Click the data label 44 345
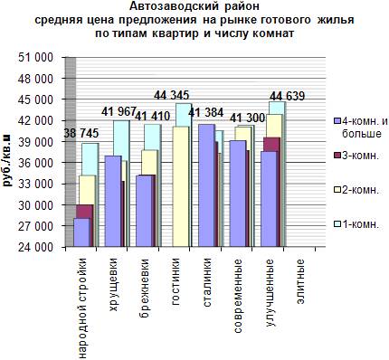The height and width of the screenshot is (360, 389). (x=172, y=95)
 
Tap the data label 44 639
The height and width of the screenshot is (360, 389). (x=287, y=96)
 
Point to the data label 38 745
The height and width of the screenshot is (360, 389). (x=81, y=134)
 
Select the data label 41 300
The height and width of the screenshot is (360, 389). (x=247, y=118)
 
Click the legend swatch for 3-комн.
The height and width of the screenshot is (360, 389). (x=337, y=156)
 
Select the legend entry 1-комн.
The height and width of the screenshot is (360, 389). (x=356, y=224)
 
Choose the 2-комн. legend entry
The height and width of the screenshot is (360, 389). (x=356, y=190)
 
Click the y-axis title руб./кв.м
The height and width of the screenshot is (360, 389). (x=7, y=160)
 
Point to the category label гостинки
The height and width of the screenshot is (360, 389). (x=176, y=282)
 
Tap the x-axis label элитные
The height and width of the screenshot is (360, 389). (x=300, y=281)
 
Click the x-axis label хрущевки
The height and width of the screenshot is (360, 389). (x=113, y=285)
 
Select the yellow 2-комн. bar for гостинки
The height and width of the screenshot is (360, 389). (x=181, y=186)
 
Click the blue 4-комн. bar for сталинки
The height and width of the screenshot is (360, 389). (x=207, y=185)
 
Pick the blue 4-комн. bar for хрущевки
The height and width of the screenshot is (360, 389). (x=113, y=202)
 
